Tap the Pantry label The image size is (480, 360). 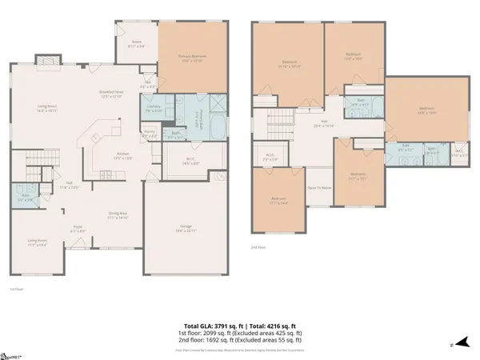(x=149, y=134)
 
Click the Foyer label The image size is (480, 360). (x=79, y=230)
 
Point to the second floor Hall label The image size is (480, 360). (x=318, y=125)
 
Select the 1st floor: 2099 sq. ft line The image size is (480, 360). (x=240, y=335)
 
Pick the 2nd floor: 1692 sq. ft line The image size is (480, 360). (x=240, y=343)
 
